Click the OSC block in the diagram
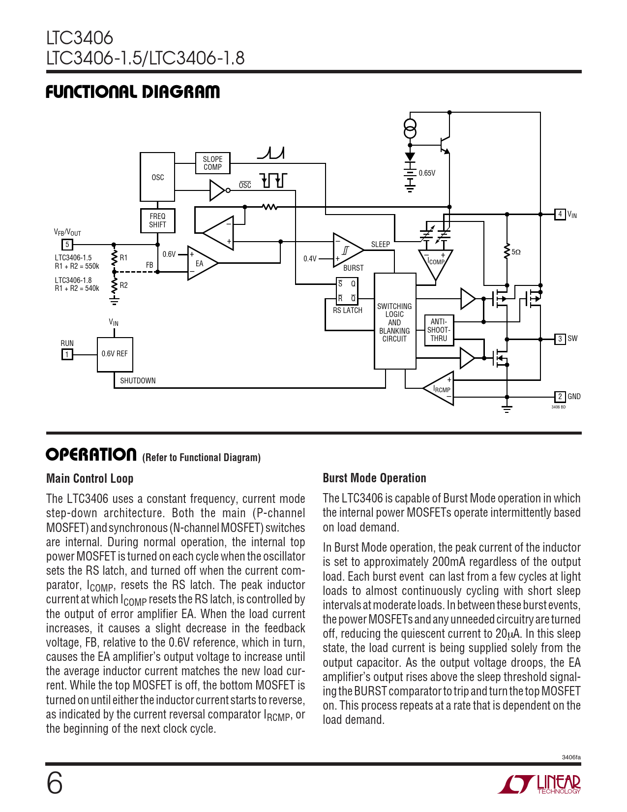coord(157,177)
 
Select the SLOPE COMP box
coord(212,163)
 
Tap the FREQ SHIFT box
coord(157,220)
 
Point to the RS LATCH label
coord(347,311)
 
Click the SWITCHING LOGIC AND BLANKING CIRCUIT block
coord(395,322)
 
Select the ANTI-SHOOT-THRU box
coord(439,330)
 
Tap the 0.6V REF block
coord(115,354)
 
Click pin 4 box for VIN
coord(560,214)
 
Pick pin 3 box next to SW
coord(560,339)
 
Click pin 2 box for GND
coord(560,396)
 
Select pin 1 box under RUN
coord(67,354)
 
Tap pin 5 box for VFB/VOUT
coord(67,244)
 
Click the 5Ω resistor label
coord(516,252)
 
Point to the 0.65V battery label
coord(427,173)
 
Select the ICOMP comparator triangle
coord(436,263)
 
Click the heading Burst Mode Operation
coord(374,478)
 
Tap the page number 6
coord(55,783)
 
